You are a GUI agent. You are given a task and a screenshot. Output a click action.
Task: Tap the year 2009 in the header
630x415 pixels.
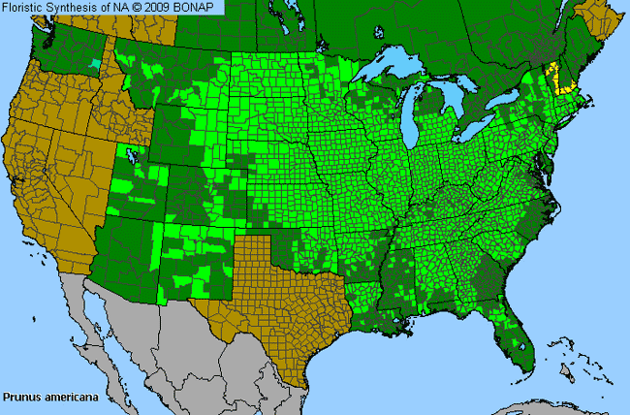(x=173, y=8)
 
